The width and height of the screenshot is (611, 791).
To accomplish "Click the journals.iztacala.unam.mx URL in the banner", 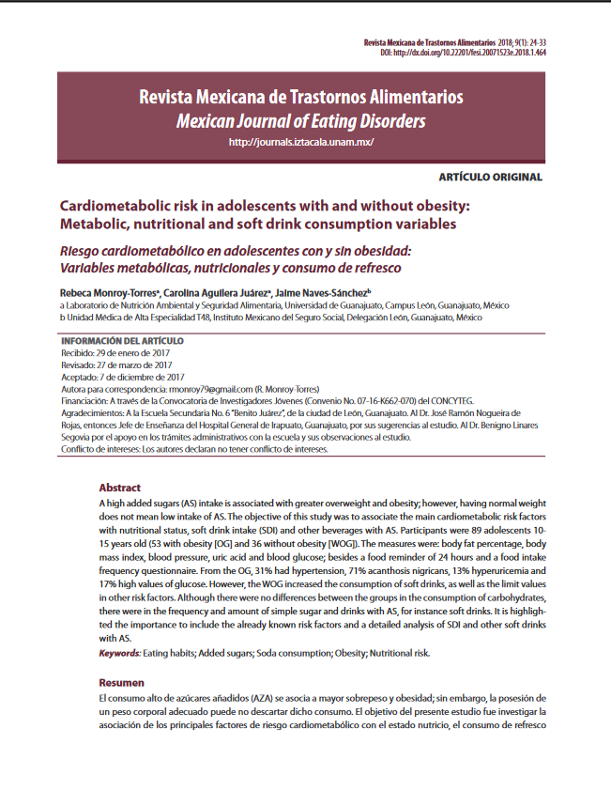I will pyautogui.click(x=301, y=143).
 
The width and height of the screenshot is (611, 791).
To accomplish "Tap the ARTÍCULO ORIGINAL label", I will pyautogui.click(x=491, y=178).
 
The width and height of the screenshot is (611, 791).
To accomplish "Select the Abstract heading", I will pyautogui.click(x=120, y=489).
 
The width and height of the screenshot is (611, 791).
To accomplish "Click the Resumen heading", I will pyautogui.click(x=122, y=683).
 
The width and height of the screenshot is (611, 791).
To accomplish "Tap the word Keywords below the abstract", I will pyautogui.click(x=120, y=653).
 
